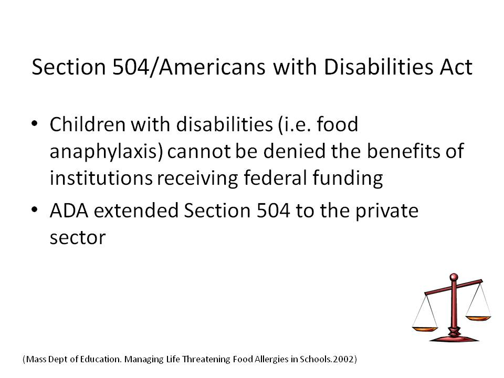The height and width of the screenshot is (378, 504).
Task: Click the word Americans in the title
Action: coord(212,67)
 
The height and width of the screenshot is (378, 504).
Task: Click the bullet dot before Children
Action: coord(35,123)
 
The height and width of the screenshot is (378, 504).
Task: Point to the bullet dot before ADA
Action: coord(35,210)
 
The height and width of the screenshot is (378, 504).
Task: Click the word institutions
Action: coord(101,178)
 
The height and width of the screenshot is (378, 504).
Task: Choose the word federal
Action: coord(275,178)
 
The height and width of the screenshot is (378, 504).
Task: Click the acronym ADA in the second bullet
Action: coord(69,211)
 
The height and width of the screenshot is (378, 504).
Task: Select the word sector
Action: coord(78,238)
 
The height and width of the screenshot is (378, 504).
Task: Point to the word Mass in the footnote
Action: coord(36,359)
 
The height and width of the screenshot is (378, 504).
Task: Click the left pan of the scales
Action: coord(425,329)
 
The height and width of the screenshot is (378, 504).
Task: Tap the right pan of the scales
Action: coord(478,318)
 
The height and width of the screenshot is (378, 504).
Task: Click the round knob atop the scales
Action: coord(454,277)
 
